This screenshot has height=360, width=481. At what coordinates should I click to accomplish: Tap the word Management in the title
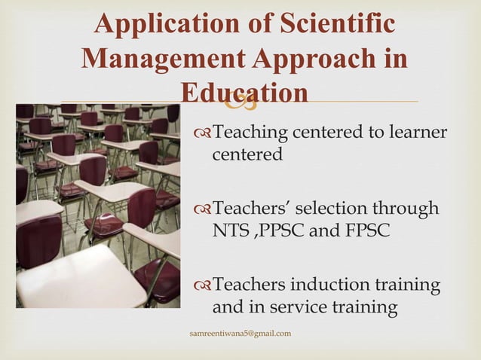tap(166, 59)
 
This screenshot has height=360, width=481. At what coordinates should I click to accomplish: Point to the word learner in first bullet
tap(418, 133)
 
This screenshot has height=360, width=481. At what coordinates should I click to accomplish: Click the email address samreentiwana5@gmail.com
tap(242, 333)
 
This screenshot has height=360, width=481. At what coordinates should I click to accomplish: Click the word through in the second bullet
tap(407, 209)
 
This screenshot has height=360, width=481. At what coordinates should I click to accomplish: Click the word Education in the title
tap(245, 93)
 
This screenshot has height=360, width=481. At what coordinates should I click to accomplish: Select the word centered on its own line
tap(247, 155)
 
